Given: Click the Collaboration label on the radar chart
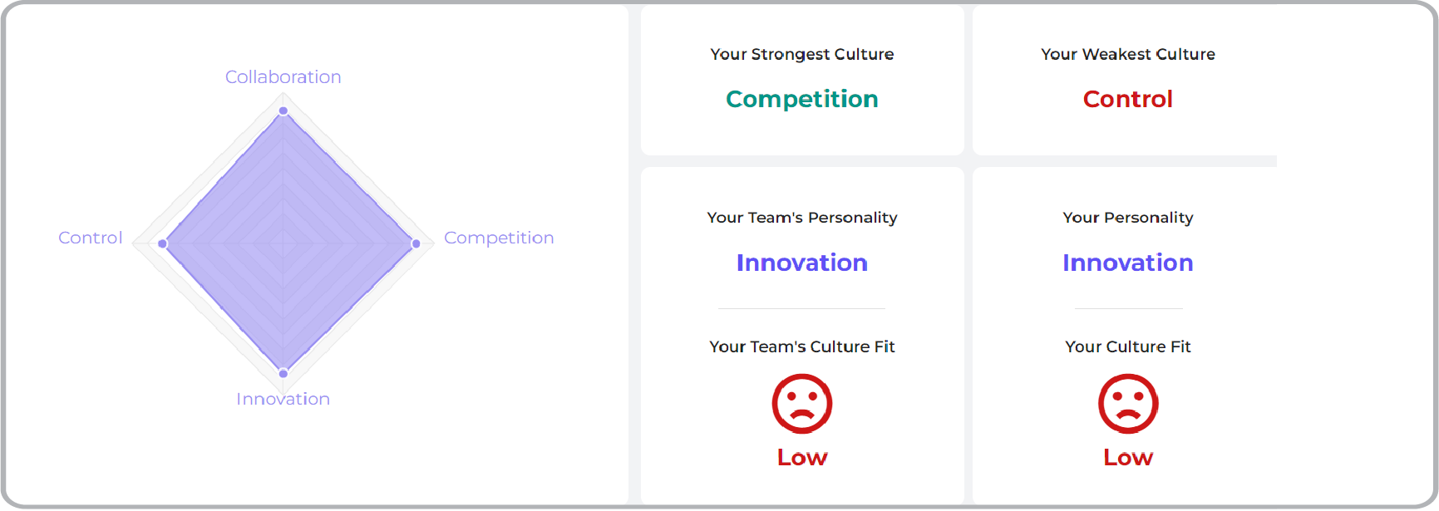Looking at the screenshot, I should click(283, 77).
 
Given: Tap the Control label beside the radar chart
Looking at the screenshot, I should click(90, 238).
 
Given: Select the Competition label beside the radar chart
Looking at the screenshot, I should click(498, 238).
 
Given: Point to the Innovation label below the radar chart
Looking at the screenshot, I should click(283, 399).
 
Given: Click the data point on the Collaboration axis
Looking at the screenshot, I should click(283, 111).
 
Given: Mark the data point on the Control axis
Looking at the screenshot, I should click(163, 243).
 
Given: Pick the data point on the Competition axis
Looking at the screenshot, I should click(416, 243).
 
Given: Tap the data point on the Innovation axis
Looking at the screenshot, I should click(283, 373).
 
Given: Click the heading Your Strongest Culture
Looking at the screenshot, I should click(801, 54).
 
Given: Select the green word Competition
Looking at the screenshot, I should click(801, 99).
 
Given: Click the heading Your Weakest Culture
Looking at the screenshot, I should click(1127, 54).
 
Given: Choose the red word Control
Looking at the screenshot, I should click(1127, 99).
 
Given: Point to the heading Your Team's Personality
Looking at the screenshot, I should click(801, 218).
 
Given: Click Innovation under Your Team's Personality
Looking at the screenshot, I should click(801, 263).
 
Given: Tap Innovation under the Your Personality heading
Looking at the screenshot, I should click(1127, 263).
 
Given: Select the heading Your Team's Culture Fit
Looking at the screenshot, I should click(801, 346).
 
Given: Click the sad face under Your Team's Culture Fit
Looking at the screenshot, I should click(801, 404).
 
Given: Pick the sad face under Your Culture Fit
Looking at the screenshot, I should click(1127, 404).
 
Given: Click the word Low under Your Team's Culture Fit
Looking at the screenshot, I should click(801, 457).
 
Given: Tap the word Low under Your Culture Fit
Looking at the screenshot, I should click(1127, 457).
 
